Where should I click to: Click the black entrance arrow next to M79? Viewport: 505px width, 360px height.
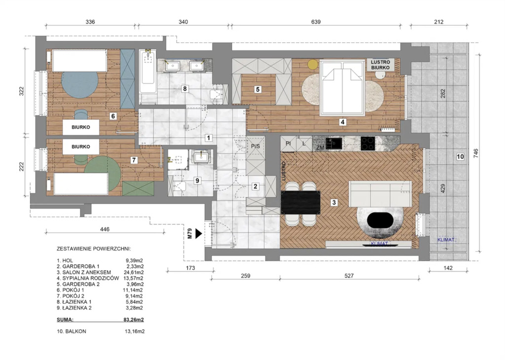click(x=198, y=233)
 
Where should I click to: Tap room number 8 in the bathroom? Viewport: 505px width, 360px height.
click(x=184, y=89)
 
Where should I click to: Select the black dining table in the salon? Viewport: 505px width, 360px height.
click(x=300, y=203)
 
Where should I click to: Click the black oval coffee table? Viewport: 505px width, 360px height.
click(x=380, y=221)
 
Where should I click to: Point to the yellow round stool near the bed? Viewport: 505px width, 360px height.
click(x=312, y=64)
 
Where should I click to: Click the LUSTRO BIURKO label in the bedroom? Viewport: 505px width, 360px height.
click(x=380, y=65)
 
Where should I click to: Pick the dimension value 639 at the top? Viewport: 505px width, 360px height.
click(x=316, y=22)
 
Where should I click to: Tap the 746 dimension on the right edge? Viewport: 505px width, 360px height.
click(x=476, y=153)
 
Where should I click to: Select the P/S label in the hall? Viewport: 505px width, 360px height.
click(x=255, y=146)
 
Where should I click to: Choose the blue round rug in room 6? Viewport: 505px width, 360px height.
click(x=79, y=85)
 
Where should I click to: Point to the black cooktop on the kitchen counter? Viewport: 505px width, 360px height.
click(x=367, y=144)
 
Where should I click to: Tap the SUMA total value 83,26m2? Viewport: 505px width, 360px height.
click(x=131, y=320)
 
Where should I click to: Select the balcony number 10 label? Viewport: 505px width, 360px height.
click(x=460, y=156)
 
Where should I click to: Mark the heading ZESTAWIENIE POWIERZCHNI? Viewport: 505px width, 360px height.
click(x=94, y=249)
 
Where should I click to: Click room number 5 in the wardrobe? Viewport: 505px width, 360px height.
click(x=257, y=89)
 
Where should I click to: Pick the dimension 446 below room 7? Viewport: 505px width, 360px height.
click(x=105, y=229)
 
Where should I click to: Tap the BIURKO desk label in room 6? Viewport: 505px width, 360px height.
click(x=81, y=127)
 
